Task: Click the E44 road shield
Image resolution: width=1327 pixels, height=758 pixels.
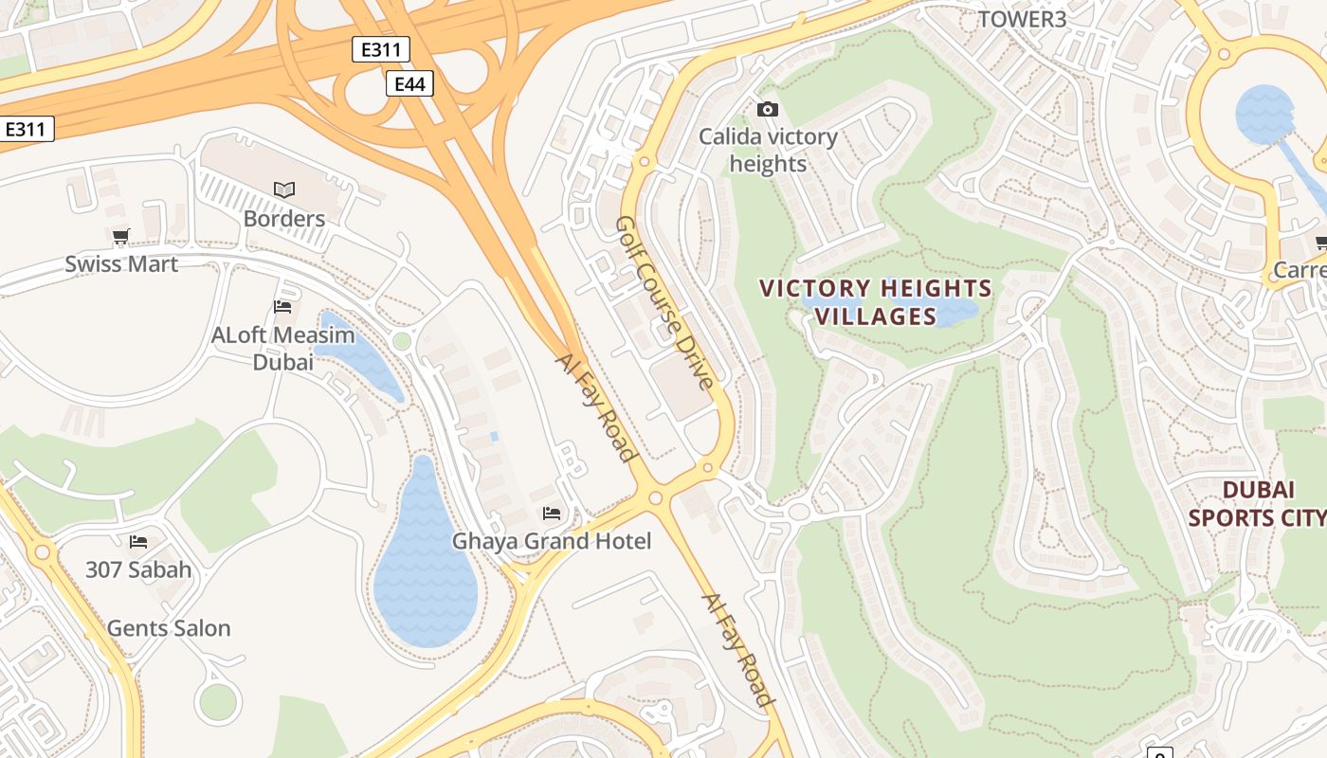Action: click(x=409, y=84)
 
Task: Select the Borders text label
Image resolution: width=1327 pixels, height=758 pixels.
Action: click(x=283, y=219)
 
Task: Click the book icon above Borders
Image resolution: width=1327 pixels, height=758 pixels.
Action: click(x=284, y=189)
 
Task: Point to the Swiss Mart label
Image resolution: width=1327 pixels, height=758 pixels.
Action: click(x=121, y=264)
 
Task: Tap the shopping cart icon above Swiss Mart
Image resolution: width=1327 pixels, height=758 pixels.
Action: click(x=120, y=237)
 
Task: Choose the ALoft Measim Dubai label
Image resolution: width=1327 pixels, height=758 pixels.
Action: click(x=282, y=349)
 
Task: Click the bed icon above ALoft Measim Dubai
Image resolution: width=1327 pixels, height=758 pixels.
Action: click(x=282, y=306)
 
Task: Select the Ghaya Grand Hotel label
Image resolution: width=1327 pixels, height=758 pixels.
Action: click(x=551, y=542)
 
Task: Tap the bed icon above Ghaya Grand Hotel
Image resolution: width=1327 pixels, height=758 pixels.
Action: click(x=552, y=514)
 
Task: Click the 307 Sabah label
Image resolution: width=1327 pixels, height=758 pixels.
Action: click(x=138, y=570)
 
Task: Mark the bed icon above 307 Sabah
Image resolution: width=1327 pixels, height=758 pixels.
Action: click(x=138, y=542)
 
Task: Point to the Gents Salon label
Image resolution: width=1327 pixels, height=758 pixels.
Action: click(x=169, y=628)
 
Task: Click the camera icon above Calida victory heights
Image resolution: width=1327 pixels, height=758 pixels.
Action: click(x=768, y=110)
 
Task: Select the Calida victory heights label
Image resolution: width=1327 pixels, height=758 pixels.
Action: click(x=768, y=151)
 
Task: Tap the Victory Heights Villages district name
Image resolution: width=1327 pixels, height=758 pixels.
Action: click(x=877, y=302)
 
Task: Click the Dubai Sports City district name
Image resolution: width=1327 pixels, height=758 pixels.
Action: click(x=1257, y=504)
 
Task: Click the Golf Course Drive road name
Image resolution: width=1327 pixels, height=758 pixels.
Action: click(x=663, y=302)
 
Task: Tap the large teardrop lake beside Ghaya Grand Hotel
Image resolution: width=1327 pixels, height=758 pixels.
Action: click(x=424, y=568)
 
